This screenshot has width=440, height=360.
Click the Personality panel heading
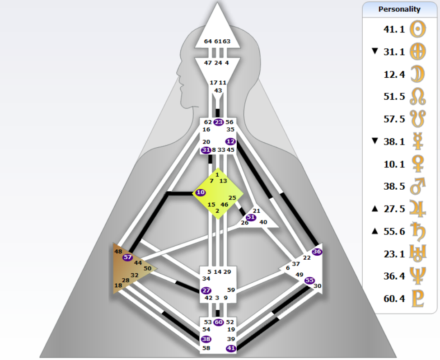point(399,9)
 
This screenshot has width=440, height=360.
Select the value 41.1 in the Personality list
point(394,29)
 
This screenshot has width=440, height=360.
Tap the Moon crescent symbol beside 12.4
point(418,74)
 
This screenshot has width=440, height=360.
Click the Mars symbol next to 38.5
point(418,186)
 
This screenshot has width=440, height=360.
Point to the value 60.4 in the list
point(394,299)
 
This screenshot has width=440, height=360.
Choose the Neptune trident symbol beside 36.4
point(418,276)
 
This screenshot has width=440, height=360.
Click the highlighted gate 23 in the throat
point(218,122)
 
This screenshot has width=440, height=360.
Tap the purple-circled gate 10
point(201,192)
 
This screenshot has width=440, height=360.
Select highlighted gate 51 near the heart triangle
point(251,217)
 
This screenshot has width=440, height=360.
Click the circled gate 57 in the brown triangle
point(127,257)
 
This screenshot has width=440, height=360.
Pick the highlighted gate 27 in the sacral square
point(206,290)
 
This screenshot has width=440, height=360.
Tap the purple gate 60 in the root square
point(219,322)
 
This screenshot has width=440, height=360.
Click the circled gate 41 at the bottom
point(231,348)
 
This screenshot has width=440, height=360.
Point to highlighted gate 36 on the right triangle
point(317,252)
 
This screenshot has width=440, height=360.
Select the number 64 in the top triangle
point(208,41)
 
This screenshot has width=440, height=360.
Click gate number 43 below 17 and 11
point(218,90)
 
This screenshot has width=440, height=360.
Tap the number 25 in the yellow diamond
point(232,197)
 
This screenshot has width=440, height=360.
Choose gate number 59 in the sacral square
point(231,290)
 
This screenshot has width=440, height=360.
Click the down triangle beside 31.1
point(374,51)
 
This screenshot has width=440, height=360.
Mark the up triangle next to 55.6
point(374,231)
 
